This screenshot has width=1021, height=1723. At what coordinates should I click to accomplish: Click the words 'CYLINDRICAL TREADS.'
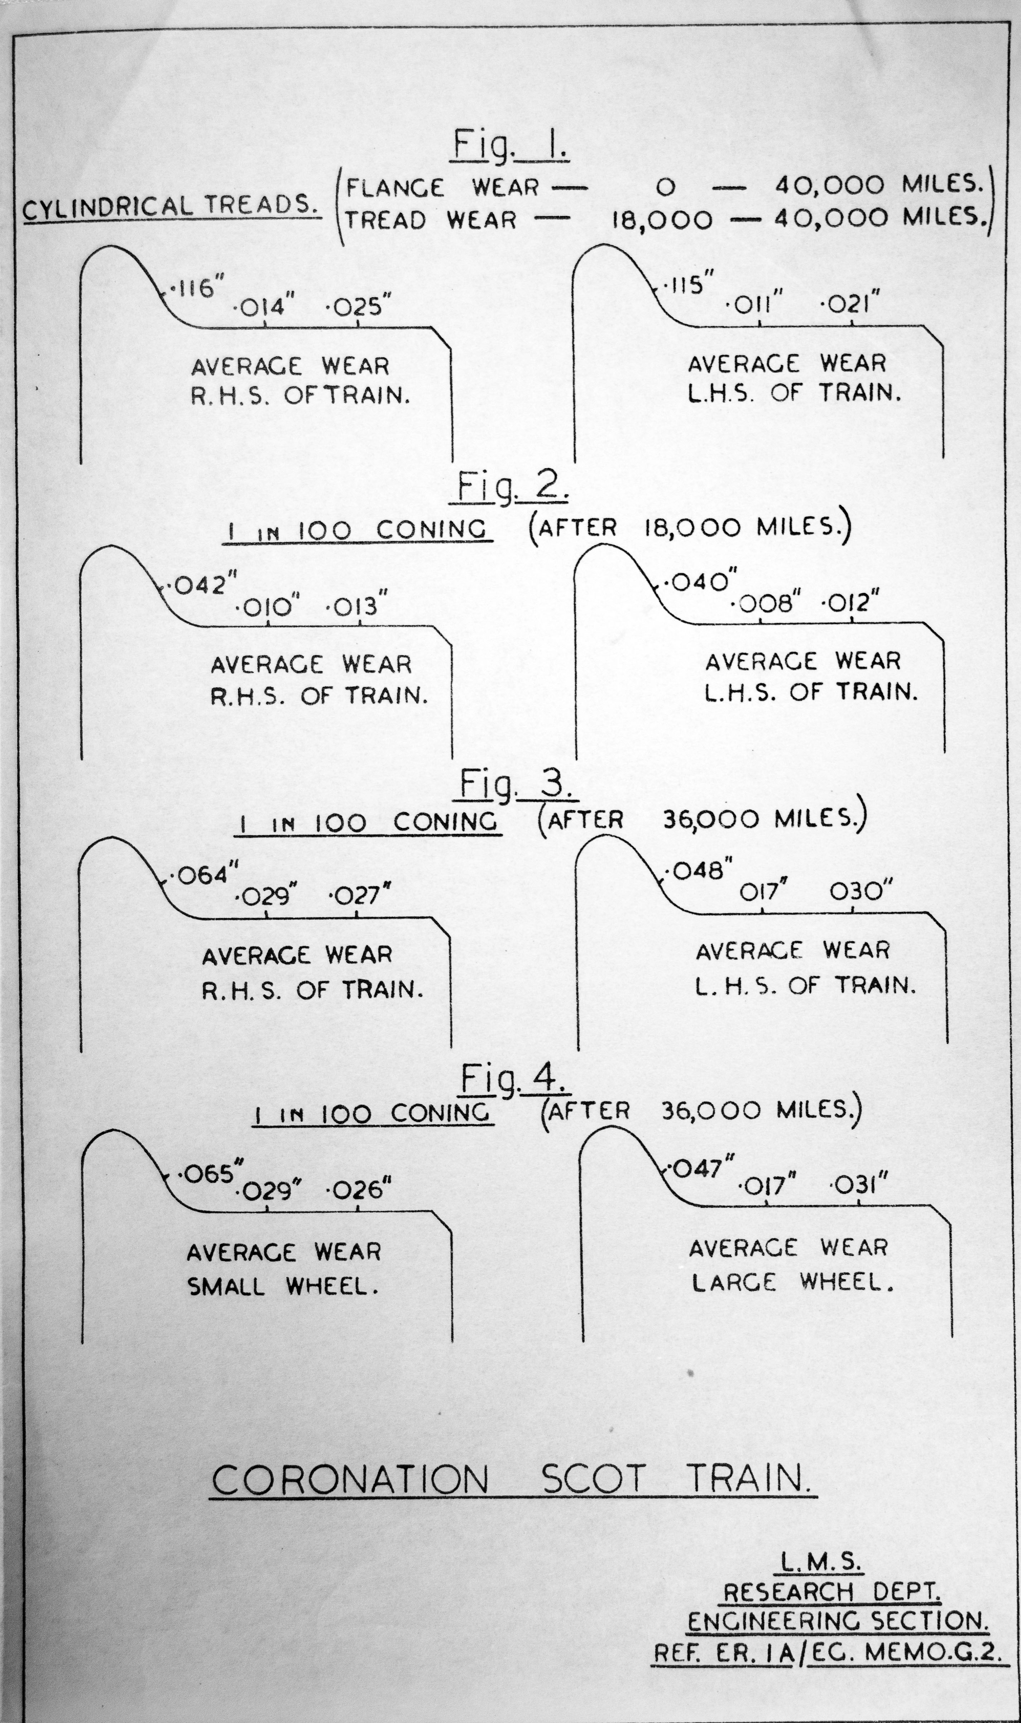tap(172, 207)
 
